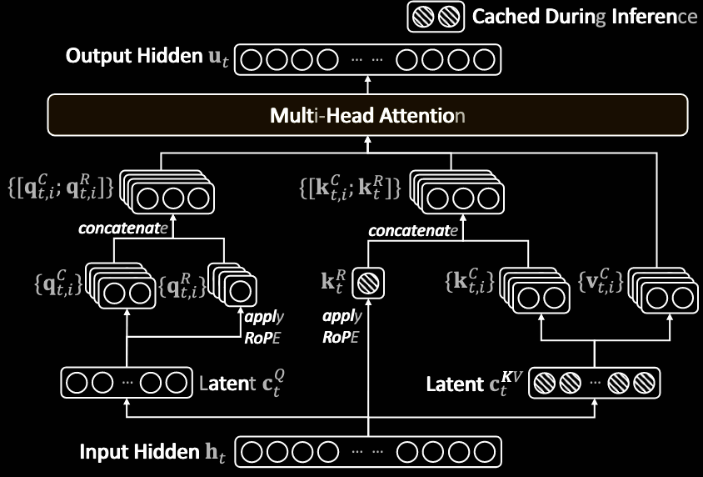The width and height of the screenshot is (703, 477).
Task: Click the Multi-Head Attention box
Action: [x=367, y=115]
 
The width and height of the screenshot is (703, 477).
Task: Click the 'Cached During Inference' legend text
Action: [x=584, y=16]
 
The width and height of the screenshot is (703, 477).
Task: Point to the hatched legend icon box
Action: [x=436, y=17]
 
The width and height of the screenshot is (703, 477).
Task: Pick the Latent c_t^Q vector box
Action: [x=126, y=384]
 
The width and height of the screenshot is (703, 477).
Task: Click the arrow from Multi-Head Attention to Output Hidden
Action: [x=367, y=84]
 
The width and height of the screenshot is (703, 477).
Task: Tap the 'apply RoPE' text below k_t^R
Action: [x=342, y=327]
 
